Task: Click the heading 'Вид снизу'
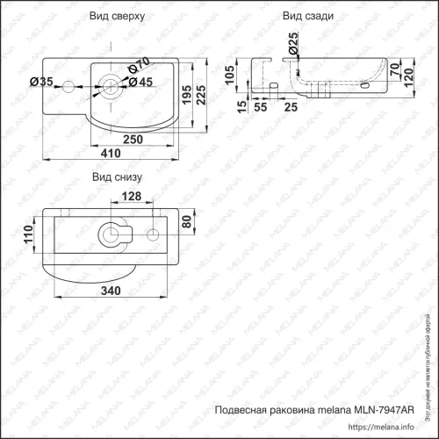click(116, 177)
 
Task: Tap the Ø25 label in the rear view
click(292, 40)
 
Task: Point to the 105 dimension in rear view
click(231, 76)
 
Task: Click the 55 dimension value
click(261, 106)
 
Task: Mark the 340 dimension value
click(110, 290)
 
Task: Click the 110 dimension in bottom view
click(27, 234)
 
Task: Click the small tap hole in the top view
click(71, 86)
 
